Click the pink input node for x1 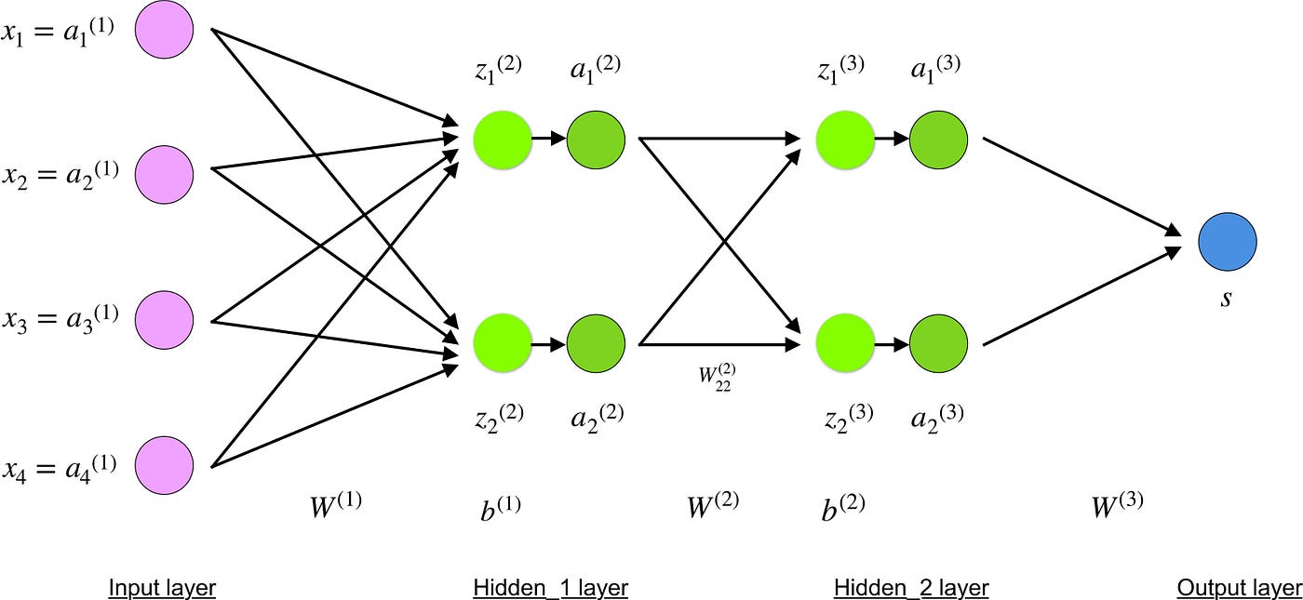[165, 30]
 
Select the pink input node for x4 [165, 462]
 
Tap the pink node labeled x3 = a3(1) [165, 319]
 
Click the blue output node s [1228, 240]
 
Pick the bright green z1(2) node [502, 139]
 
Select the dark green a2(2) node [596, 343]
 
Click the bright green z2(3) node [845, 343]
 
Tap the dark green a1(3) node [938, 139]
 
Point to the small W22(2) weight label [717, 379]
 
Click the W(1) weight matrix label [334, 506]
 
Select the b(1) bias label [501, 508]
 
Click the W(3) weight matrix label [1116, 505]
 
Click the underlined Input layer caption [162, 588]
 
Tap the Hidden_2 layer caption [910, 588]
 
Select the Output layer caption [1239, 588]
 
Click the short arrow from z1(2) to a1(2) [548, 139]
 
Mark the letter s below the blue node [1227, 300]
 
